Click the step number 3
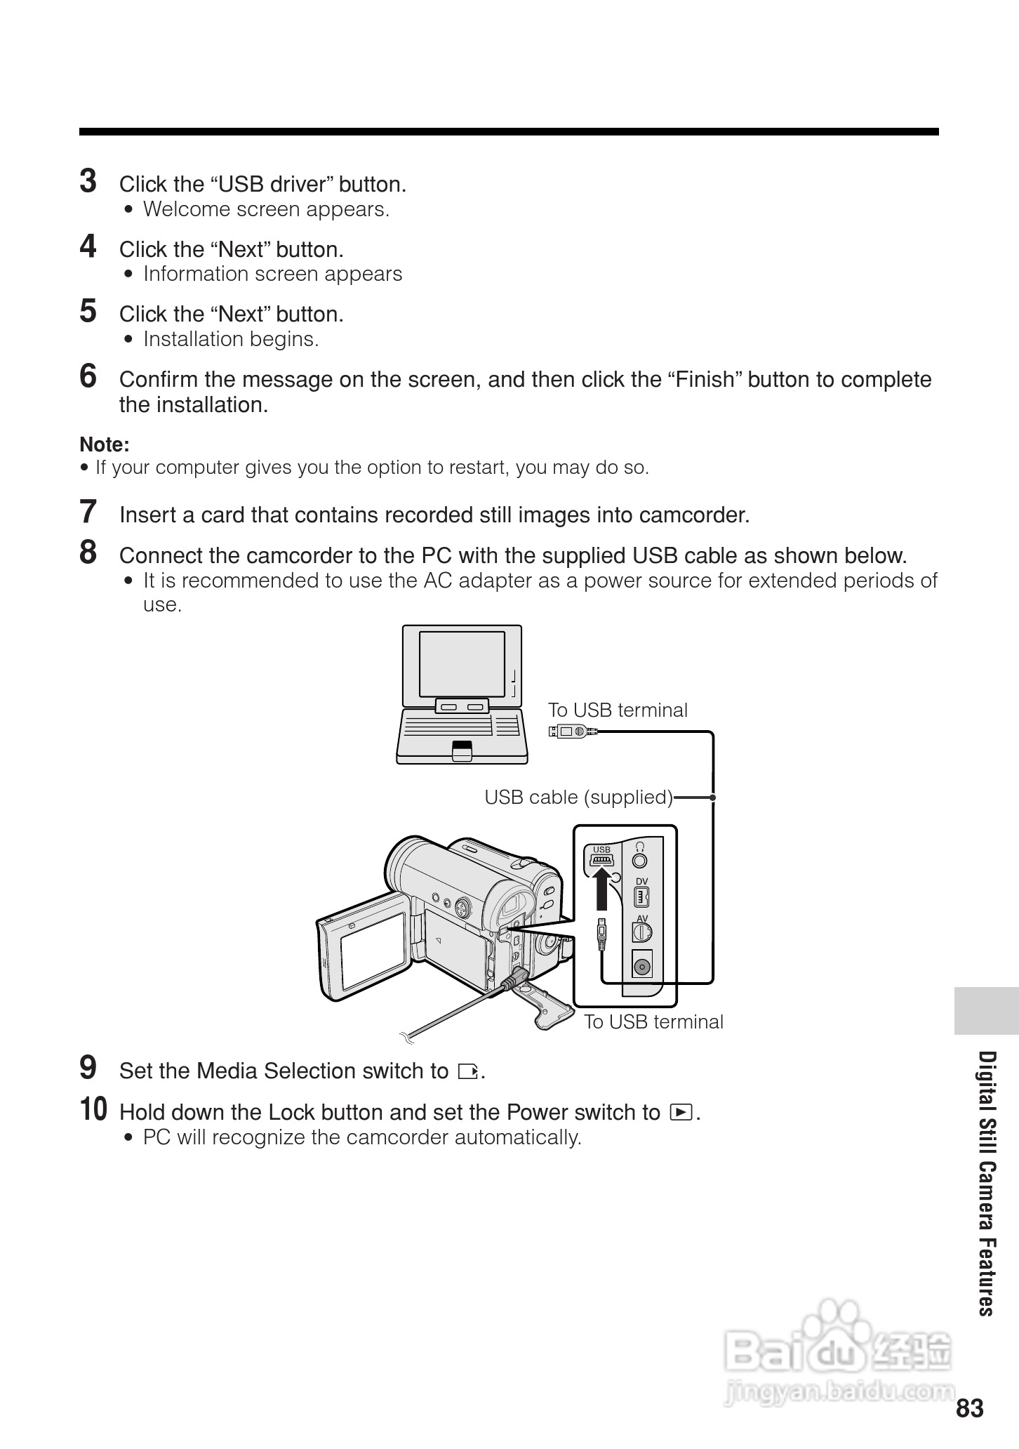[x=88, y=181]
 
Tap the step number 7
[x=88, y=512]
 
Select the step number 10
[x=93, y=1110]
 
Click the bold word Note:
[x=105, y=444]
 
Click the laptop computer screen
[x=462, y=663]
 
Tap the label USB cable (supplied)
[x=578, y=798]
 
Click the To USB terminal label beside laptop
[x=618, y=710]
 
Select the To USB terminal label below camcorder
[x=653, y=1021]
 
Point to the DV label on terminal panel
[x=641, y=881]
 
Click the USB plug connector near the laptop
[x=573, y=731]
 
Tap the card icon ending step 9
[x=467, y=1072]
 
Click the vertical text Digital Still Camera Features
[x=987, y=1183]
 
